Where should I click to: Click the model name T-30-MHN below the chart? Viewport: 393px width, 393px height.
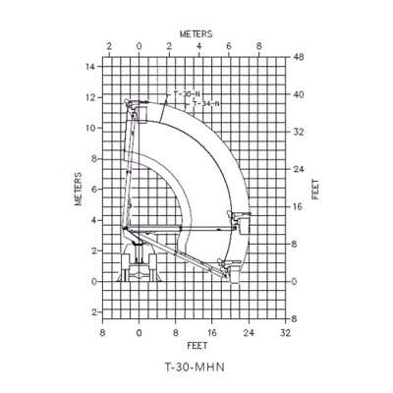tap(195, 367)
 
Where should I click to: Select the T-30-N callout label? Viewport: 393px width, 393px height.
tap(187, 94)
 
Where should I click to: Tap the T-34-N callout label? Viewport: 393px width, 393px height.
tap(205, 104)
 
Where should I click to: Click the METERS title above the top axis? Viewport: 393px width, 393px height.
tap(196, 33)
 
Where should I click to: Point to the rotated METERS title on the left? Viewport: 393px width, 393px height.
tap(78, 189)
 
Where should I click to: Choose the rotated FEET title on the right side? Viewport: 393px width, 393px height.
tap(315, 189)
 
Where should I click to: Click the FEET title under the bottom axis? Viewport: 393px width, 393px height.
tap(197, 346)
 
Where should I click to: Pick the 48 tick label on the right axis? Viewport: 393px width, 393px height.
tap(299, 57)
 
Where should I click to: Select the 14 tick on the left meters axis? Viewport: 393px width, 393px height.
tap(90, 67)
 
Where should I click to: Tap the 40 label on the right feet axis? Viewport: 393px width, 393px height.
tap(299, 94)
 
